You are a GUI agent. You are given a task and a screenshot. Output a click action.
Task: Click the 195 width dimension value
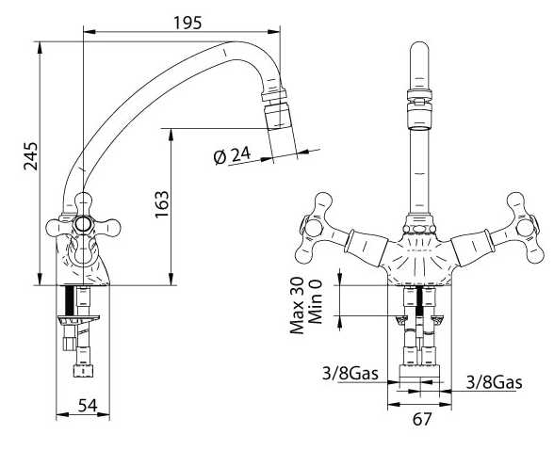187,23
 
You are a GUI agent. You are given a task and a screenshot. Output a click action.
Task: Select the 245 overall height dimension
30,156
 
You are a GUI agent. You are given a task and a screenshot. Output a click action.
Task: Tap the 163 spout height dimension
162,204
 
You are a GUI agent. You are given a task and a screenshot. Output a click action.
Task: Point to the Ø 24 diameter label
232,155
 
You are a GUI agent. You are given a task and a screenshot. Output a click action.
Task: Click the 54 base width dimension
88,406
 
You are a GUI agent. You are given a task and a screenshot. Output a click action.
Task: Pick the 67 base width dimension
422,419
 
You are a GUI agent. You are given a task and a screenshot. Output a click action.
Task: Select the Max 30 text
297,306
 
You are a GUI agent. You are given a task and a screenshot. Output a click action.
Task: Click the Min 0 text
316,302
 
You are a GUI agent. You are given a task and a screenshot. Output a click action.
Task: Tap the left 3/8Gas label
350,373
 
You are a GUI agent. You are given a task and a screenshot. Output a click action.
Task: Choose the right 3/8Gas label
494,381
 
